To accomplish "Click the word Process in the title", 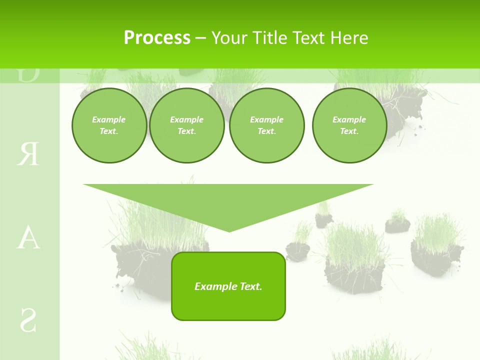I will coord(157,38).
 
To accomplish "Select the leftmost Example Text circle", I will coord(109,125).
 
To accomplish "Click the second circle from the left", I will coord(186,125).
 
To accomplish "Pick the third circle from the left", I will coord(266,125).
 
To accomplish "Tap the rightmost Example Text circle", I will coord(349,125).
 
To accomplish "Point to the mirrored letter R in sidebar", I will coord(28,154).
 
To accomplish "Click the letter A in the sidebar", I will coord(28,238).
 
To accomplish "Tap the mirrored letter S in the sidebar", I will coord(28,320).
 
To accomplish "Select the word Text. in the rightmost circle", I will coord(349,131).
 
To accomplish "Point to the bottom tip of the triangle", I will coord(229,230).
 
